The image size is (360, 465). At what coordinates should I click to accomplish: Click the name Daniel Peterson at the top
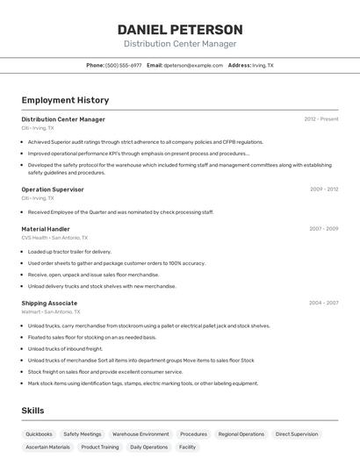(x=180, y=30)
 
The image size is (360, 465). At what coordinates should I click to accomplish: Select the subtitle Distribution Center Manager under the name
(x=180, y=44)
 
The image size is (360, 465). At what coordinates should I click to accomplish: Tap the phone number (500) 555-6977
(x=123, y=66)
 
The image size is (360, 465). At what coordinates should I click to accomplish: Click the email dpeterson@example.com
(x=193, y=66)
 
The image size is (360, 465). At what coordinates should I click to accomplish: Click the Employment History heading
(x=65, y=100)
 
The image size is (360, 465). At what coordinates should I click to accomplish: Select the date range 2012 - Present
(x=321, y=119)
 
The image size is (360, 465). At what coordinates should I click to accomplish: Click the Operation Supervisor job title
(x=53, y=190)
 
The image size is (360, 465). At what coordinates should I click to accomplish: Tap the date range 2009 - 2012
(x=323, y=190)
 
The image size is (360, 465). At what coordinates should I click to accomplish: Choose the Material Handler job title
(x=46, y=229)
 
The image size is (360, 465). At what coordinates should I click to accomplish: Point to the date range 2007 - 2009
(x=323, y=229)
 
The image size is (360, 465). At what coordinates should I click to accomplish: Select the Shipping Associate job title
(x=49, y=303)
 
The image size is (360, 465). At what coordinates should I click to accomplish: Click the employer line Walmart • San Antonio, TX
(x=51, y=311)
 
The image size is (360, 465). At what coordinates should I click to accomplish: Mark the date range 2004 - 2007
(x=323, y=303)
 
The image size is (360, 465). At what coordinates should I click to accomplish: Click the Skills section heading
(x=32, y=411)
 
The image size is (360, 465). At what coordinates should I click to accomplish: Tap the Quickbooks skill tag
(x=39, y=434)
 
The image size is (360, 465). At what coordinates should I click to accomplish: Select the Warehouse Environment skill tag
(x=140, y=434)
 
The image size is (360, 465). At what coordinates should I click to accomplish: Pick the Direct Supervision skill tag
(x=297, y=434)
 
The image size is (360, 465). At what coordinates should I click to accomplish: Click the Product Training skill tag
(x=99, y=447)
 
